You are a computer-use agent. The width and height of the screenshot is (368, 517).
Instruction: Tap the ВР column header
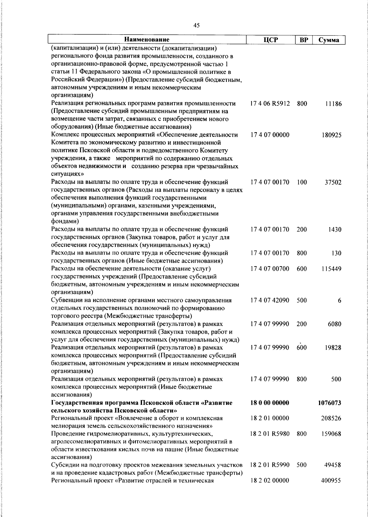tap(303, 40)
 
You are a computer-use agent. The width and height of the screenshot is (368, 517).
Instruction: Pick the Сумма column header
tap(328, 40)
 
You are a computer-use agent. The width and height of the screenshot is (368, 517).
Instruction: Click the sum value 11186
tap(333, 104)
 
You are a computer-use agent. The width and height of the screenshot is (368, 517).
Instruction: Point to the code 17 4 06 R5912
tap(270, 104)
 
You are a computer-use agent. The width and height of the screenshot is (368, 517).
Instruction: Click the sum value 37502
tap(333, 182)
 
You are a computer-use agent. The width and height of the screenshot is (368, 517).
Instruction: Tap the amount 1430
tap(335, 230)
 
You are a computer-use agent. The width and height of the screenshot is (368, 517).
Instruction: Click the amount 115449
tap(331, 269)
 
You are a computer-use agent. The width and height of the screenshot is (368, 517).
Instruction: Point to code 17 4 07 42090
tap(270, 300)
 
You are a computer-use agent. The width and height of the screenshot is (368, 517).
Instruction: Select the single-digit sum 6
tap(339, 301)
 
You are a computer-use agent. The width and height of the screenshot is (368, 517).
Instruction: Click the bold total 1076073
tap(330, 403)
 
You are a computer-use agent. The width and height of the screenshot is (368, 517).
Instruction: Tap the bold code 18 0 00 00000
tap(270, 403)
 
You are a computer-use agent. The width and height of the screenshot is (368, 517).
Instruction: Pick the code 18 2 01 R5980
tap(270, 434)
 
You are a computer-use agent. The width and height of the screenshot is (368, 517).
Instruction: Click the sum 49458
tap(333, 465)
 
